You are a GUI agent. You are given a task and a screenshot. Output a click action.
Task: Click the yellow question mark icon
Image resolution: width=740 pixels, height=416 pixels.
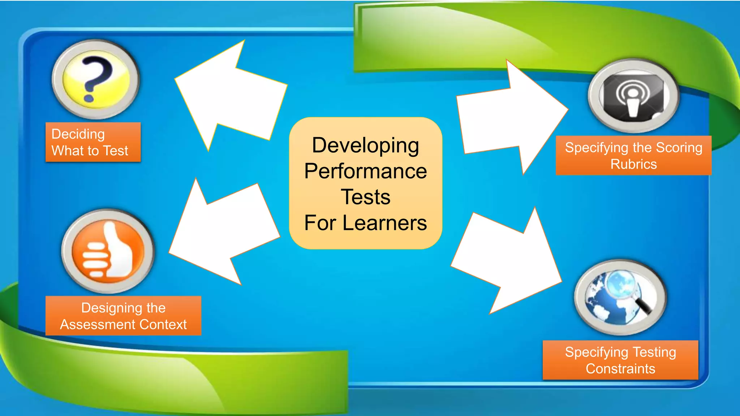(x=96, y=79)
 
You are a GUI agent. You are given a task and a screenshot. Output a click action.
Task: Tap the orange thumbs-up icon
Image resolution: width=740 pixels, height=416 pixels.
(x=108, y=251)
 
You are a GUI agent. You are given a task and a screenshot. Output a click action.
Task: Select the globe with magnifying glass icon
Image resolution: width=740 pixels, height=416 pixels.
(x=620, y=297)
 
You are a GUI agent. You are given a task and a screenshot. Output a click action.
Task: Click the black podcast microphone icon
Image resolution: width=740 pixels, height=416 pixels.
(x=633, y=96)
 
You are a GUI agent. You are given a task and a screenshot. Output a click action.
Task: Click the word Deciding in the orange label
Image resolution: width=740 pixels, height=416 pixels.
(x=78, y=134)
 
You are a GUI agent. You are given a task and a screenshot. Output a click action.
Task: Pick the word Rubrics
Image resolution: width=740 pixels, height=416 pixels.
(x=633, y=164)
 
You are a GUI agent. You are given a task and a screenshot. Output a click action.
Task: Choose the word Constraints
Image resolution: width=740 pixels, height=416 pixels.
(x=620, y=369)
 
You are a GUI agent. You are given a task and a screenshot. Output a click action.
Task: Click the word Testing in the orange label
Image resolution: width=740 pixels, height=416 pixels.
(x=654, y=352)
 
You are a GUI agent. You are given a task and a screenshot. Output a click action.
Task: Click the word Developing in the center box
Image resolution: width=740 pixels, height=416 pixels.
(x=365, y=145)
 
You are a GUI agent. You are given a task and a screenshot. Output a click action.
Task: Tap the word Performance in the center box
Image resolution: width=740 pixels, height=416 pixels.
(x=365, y=171)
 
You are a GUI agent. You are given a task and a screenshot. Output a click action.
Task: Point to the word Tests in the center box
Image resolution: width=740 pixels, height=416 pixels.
(x=365, y=197)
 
